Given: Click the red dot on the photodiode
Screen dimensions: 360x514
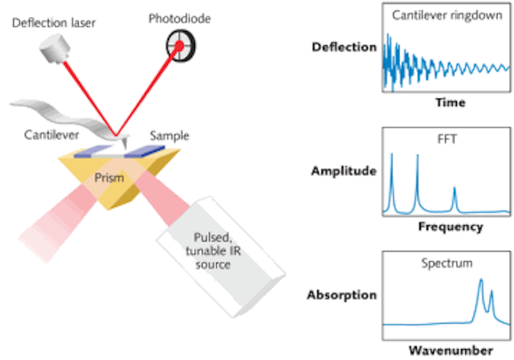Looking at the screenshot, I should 180,45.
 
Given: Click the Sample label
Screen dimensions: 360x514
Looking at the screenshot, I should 169,136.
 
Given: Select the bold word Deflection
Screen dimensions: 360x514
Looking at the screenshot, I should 344,47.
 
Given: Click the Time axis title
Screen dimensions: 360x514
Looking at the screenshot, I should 450,102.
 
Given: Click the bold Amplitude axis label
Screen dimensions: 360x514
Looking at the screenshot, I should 344,171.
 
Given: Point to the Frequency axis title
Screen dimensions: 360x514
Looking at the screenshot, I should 450,227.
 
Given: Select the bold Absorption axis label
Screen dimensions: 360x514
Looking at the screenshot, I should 342,295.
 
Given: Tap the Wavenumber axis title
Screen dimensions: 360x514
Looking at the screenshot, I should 451,350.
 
